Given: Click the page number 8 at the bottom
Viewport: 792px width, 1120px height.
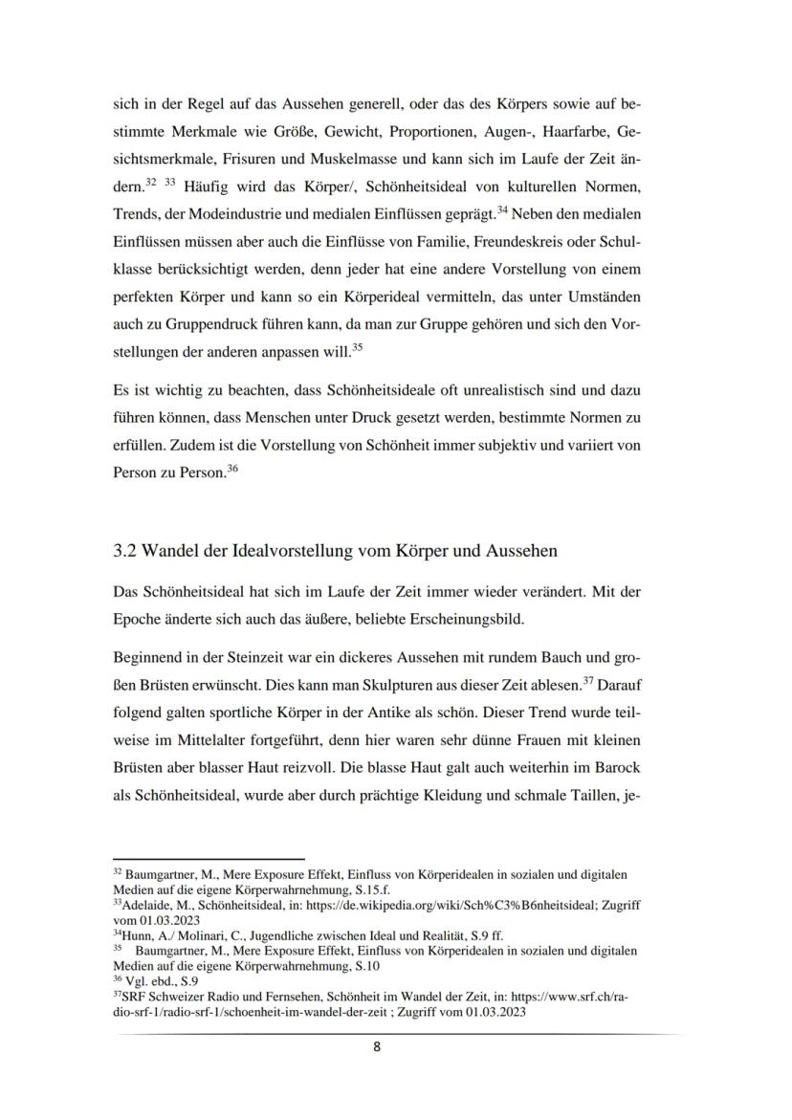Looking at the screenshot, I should (x=376, y=1046).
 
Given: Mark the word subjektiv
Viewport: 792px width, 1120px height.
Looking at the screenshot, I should (x=508, y=445).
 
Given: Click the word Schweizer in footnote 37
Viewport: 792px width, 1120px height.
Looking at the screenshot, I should (x=169, y=995).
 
